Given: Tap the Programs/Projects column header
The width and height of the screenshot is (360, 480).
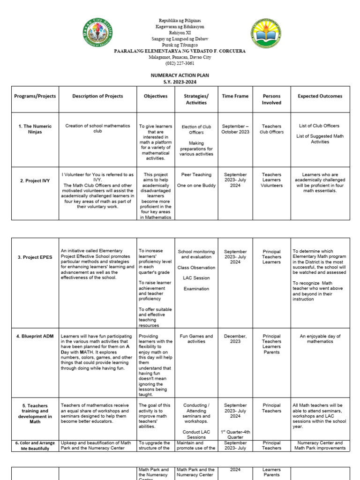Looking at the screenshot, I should point(35,96).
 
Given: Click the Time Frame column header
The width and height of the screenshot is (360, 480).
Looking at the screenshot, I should point(235,96).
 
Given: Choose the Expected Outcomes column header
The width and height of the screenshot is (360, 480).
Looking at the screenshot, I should point(320,96).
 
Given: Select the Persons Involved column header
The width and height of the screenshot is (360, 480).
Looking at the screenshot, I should point(272,99).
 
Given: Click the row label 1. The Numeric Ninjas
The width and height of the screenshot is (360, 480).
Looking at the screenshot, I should point(35,129).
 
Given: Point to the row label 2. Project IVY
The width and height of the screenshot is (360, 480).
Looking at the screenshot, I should point(35,180).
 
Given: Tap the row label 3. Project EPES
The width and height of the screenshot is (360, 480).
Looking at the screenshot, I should point(35,257).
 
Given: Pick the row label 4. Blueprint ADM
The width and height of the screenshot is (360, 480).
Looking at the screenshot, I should point(35,336).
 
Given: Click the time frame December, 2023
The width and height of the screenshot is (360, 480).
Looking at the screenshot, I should point(235,339).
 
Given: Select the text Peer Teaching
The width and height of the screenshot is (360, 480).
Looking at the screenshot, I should point(196,174).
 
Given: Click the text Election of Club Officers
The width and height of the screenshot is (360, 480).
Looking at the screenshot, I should point(196,129).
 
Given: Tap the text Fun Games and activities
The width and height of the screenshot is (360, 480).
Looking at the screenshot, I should point(196,339).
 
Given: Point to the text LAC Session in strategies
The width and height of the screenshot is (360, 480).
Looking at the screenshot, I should point(196,278).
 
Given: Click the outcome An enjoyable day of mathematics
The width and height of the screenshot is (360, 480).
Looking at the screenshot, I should point(320,339).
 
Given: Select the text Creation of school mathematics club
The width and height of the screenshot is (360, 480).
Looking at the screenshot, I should point(97,128).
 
